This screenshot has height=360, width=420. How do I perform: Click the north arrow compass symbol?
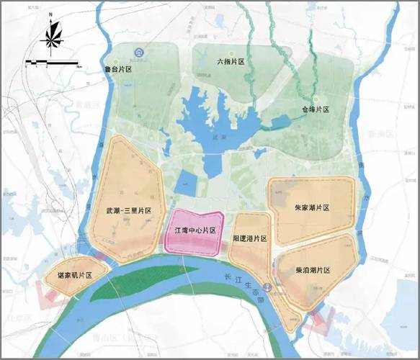(x=51, y=35)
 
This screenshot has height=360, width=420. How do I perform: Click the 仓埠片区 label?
(x=316, y=109)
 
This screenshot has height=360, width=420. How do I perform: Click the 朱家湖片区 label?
(x=312, y=207)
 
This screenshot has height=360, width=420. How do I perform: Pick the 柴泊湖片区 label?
(x=313, y=270)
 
